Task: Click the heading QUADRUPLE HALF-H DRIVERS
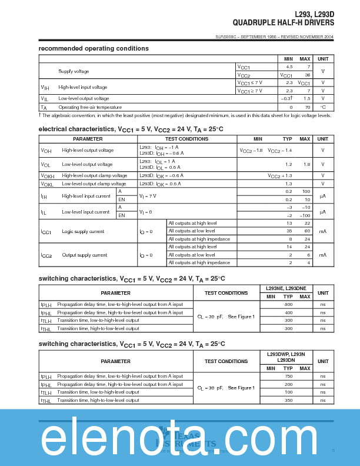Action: [x=283, y=23]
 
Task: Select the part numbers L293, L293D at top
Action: [x=314, y=15]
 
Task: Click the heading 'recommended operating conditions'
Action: [x=94, y=48]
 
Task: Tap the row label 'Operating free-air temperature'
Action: [x=90, y=107]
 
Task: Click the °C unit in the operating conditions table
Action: [x=323, y=107]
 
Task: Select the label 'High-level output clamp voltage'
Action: [x=94, y=175]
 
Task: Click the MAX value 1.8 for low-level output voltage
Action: [x=306, y=164]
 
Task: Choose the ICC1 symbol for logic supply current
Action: [x=46, y=232]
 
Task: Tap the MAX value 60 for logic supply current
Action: [x=306, y=231]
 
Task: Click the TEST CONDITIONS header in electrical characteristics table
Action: [x=186, y=139]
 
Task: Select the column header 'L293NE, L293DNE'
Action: [x=286, y=288]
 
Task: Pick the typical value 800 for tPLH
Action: [x=288, y=304]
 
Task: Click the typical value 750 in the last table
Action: [x=288, y=376]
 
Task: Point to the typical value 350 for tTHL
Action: [x=288, y=400]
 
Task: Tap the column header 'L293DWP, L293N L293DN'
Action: [x=286, y=357]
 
